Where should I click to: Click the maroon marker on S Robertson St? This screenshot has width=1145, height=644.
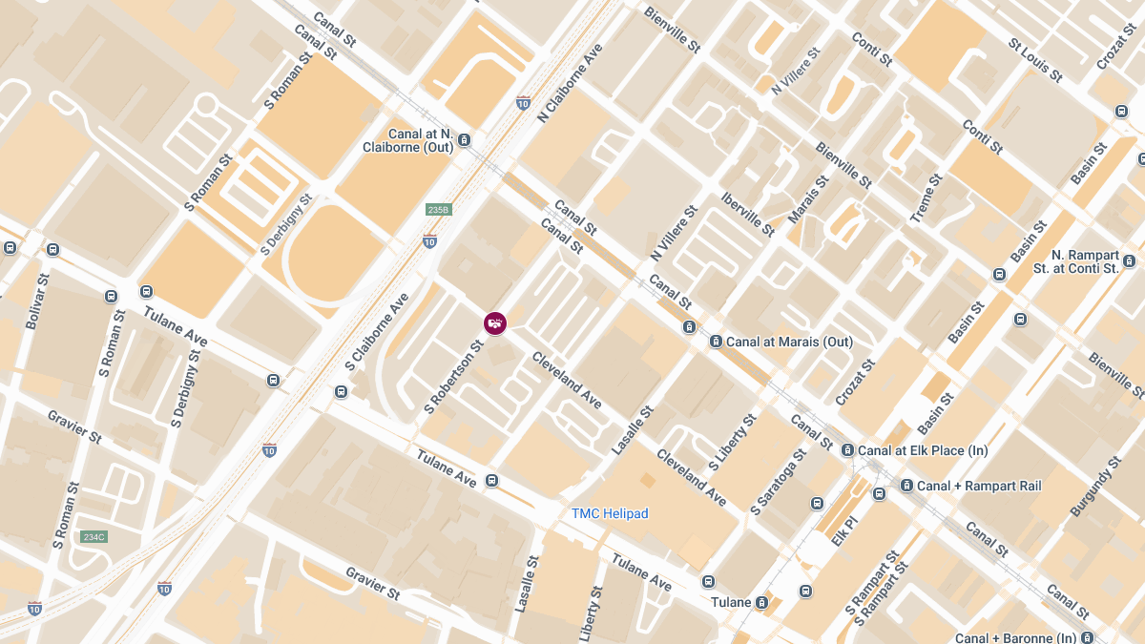tap(494, 324)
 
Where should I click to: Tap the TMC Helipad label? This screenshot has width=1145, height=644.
tap(610, 513)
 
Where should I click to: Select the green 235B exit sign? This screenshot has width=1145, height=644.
tap(438, 209)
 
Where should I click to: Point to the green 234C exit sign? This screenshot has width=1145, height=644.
tap(94, 537)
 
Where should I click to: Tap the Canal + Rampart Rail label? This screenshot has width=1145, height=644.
tap(978, 486)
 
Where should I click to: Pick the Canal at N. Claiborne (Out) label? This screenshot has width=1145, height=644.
tap(408, 140)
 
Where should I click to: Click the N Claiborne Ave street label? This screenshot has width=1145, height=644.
tap(572, 82)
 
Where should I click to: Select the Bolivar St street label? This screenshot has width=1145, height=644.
tap(37, 301)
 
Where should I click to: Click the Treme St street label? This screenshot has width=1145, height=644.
tap(926, 198)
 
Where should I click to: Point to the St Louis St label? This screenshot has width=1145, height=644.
tap(1035, 59)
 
